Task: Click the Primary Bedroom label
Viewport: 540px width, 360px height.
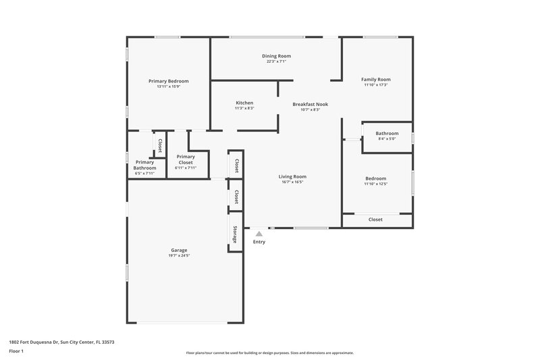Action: pyautogui.click(x=168, y=81)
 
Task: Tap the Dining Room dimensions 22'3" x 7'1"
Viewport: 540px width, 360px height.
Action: pyautogui.click(x=276, y=61)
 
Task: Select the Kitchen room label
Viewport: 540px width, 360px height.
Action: pyautogui.click(x=244, y=103)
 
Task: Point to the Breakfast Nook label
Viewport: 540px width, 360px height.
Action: pyautogui.click(x=310, y=104)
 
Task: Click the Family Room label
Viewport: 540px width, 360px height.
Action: pyautogui.click(x=376, y=80)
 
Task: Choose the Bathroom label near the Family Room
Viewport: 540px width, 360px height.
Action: pyautogui.click(x=387, y=134)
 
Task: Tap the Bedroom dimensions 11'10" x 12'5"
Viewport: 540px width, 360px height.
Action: pyautogui.click(x=376, y=184)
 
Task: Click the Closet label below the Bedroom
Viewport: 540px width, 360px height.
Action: pyautogui.click(x=375, y=220)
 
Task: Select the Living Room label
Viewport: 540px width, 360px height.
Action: pyautogui.click(x=292, y=177)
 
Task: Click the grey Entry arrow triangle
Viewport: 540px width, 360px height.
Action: pyautogui.click(x=259, y=234)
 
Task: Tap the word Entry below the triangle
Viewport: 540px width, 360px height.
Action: pyautogui.click(x=259, y=242)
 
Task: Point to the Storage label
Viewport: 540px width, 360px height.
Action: pyautogui.click(x=235, y=234)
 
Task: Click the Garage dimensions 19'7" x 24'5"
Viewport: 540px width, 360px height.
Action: pyautogui.click(x=179, y=255)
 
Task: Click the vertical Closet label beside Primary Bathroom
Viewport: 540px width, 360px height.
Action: pyautogui.click(x=160, y=145)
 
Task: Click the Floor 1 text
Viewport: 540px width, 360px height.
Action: pyautogui.click(x=17, y=352)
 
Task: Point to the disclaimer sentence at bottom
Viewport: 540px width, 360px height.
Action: pyautogui.click(x=269, y=353)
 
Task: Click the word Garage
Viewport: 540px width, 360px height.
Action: pyautogui.click(x=179, y=250)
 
